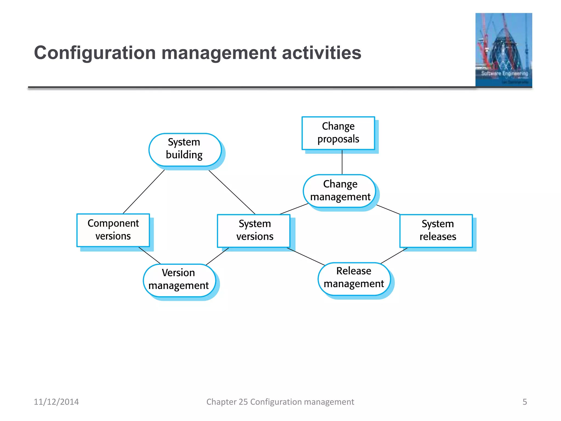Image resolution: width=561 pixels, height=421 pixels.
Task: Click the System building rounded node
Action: pyautogui.click(x=185, y=150)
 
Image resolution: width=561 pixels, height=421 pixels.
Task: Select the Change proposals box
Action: pyautogui.click(x=338, y=133)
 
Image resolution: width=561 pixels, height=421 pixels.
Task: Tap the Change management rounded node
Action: pyautogui.click(x=340, y=191)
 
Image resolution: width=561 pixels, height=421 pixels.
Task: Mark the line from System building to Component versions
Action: pyautogui.click(x=144, y=192)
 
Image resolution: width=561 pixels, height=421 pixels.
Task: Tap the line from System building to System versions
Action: pyautogui.click(x=232, y=192)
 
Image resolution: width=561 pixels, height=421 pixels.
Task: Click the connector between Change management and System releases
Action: pyautogui.click(x=388, y=209)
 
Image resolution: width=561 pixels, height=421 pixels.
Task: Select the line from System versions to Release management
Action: pyautogui.click(x=305, y=256)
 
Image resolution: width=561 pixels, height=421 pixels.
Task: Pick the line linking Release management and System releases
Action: pyautogui.click(x=394, y=256)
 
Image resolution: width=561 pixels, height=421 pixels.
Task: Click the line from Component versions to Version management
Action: pyautogui.click(x=150, y=255)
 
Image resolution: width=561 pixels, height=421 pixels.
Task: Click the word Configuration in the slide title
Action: pyautogui.click(x=95, y=53)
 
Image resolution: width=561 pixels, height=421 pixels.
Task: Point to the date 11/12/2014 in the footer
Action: pyautogui.click(x=56, y=402)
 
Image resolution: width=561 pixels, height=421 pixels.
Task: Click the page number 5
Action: pyautogui.click(x=525, y=402)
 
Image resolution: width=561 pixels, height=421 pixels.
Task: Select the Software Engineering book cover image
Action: pyautogui.click(x=503, y=50)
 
